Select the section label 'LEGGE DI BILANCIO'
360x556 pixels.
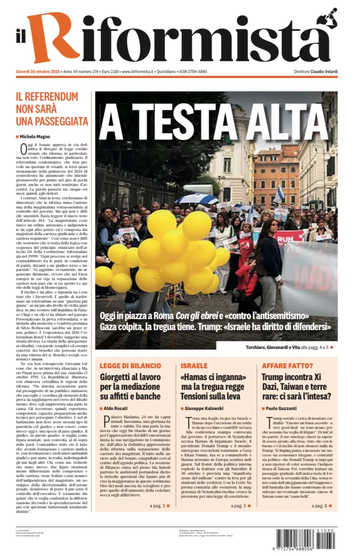click(x=130, y=366)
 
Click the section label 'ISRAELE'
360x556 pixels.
click(x=194, y=366)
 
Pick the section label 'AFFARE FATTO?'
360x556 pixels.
click(x=287, y=366)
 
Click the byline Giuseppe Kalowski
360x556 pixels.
click(x=205, y=408)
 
